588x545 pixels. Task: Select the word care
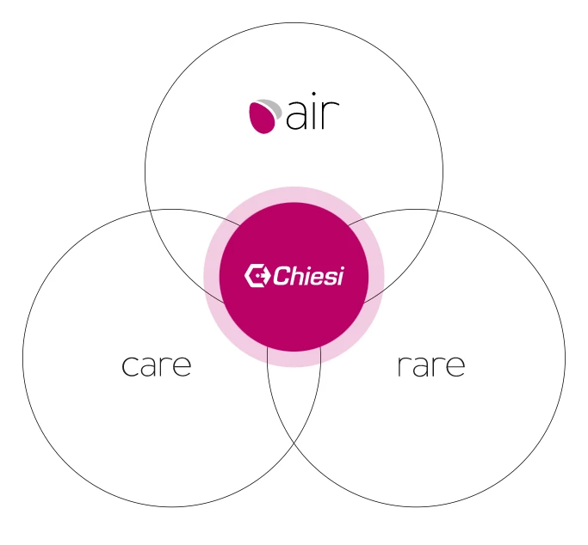point(157,365)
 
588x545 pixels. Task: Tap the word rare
point(431,365)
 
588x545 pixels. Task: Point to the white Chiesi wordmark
point(308,276)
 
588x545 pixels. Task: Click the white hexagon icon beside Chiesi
point(257,276)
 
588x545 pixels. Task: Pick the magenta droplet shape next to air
point(262,118)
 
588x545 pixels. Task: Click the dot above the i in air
point(313,94)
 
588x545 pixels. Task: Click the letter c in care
point(130,365)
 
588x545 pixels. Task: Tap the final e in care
point(183,365)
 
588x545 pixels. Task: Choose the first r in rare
point(402,365)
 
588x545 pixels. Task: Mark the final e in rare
point(456,365)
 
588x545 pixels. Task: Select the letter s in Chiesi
point(330,279)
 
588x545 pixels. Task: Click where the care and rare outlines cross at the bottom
point(294,443)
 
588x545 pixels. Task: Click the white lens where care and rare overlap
point(294,397)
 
